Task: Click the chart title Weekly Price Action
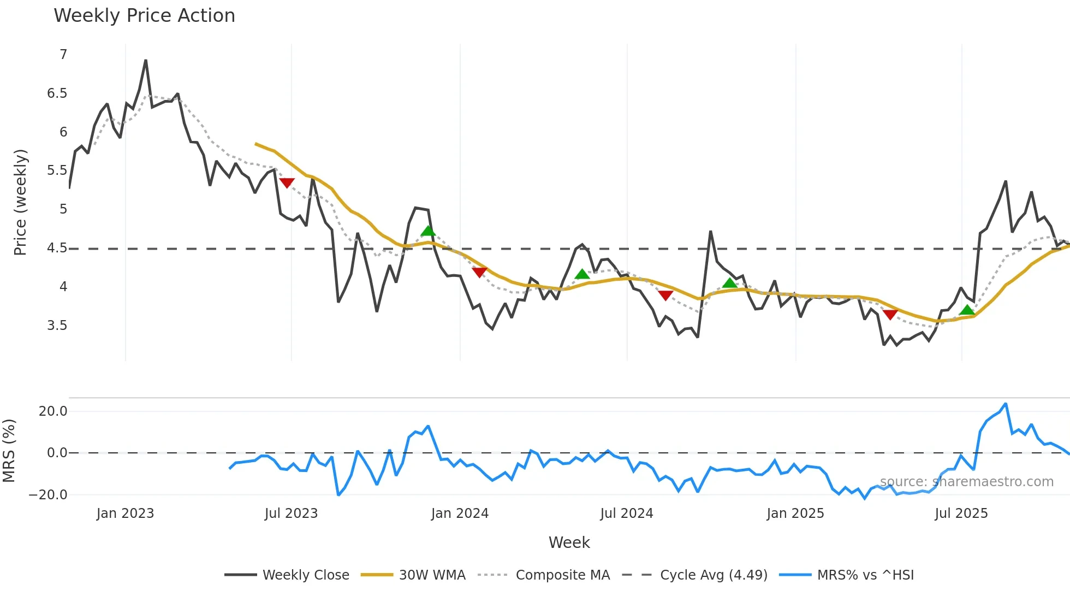(144, 16)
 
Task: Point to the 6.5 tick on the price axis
(57, 93)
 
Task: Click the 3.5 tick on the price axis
(57, 326)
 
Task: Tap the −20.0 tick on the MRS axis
(48, 495)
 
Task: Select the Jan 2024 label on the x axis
(460, 514)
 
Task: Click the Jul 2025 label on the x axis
(961, 514)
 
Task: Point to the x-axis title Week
(569, 542)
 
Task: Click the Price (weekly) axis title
(20, 202)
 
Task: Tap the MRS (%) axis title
(9, 451)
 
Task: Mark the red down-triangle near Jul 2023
(287, 182)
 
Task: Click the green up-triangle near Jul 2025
(967, 310)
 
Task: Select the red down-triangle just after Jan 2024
(479, 272)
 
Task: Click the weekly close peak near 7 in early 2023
(146, 61)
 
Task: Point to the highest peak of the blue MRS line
(1006, 404)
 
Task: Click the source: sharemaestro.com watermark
(966, 482)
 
